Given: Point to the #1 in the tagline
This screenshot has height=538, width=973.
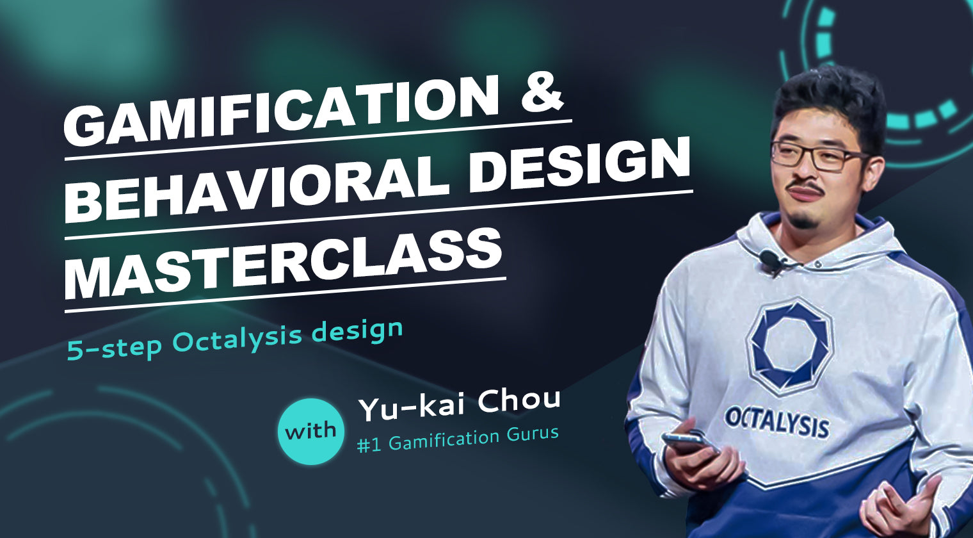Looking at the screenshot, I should point(369,444).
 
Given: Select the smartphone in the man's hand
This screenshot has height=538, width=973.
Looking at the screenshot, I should point(689,441).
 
